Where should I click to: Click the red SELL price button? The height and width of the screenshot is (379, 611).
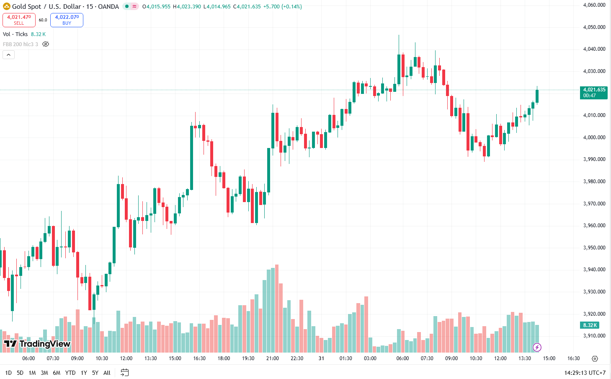19,20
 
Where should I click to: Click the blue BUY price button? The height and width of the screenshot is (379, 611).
67,20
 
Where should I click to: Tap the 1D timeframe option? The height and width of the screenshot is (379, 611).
8,373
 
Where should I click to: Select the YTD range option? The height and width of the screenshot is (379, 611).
70,373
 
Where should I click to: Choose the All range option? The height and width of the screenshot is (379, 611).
107,373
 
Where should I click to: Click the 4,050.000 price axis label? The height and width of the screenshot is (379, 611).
594,27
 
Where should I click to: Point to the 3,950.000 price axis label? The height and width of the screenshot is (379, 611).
594,248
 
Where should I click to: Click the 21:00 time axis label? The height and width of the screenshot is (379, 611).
273,358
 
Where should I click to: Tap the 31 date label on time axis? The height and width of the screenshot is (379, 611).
321,358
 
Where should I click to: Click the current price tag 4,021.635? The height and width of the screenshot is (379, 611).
594,92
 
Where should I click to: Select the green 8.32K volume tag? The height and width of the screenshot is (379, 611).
590,325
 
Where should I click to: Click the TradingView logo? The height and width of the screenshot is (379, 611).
37,344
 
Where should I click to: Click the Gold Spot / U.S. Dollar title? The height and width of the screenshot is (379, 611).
46,7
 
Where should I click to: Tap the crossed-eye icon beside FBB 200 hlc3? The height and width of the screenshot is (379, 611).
46,44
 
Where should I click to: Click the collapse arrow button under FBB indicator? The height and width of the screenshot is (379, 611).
8,55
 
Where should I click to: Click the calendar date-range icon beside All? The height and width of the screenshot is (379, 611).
124,372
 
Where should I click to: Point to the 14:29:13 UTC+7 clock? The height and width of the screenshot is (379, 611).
585,373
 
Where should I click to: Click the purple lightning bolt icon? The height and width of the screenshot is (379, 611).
537,347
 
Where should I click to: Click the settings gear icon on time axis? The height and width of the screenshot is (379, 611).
595,358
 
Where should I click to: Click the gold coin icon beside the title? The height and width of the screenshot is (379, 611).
7,7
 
